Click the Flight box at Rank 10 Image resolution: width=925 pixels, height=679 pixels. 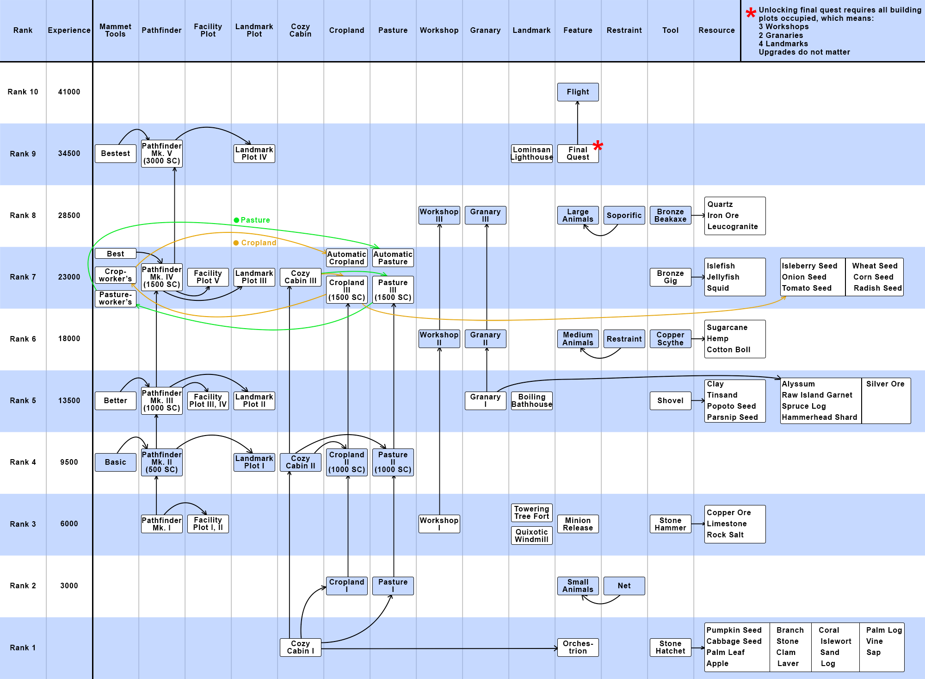[x=578, y=92]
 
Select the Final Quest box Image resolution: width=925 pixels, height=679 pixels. [x=578, y=153]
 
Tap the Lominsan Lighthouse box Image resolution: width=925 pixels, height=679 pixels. [x=531, y=153]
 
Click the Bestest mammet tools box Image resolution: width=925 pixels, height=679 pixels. [x=115, y=153]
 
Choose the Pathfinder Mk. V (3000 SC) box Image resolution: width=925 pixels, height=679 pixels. [x=161, y=153]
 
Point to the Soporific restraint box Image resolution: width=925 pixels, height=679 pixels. [x=624, y=215]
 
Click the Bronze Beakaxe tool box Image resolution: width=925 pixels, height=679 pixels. [x=670, y=215]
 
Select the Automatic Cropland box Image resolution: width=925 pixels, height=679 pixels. [x=346, y=258]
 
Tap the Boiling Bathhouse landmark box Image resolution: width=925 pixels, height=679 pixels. [x=531, y=400]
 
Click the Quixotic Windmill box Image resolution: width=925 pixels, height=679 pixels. [x=531, y=536]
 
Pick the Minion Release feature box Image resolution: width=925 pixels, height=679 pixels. [x=578, y=524]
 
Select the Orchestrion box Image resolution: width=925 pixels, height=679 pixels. [x=578, y=647]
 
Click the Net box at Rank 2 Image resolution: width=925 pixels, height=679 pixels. [x=624, y=586]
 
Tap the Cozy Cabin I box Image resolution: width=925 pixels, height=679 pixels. [x=300, y=647]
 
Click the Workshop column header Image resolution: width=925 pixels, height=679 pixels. [x=439, y=30]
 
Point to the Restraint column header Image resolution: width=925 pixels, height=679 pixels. [x=624, y=30]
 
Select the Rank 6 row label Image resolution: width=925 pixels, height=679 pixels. [x=23, y=339]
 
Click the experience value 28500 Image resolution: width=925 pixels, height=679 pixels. [x=69, y=215]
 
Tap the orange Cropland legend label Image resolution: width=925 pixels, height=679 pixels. [x=258, y=243]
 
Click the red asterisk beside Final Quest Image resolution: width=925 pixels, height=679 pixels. [x=598, y=146]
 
